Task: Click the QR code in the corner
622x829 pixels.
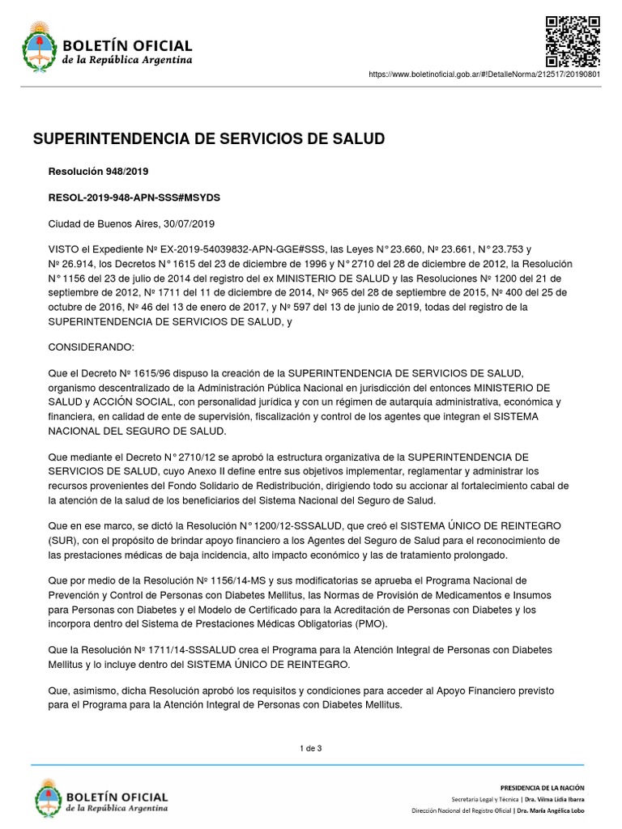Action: (573, 40)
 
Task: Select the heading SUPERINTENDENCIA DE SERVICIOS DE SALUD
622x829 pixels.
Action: (208, 139)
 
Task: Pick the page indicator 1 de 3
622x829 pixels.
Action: (311, 748)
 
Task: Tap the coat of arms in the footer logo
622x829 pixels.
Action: (47, 797)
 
